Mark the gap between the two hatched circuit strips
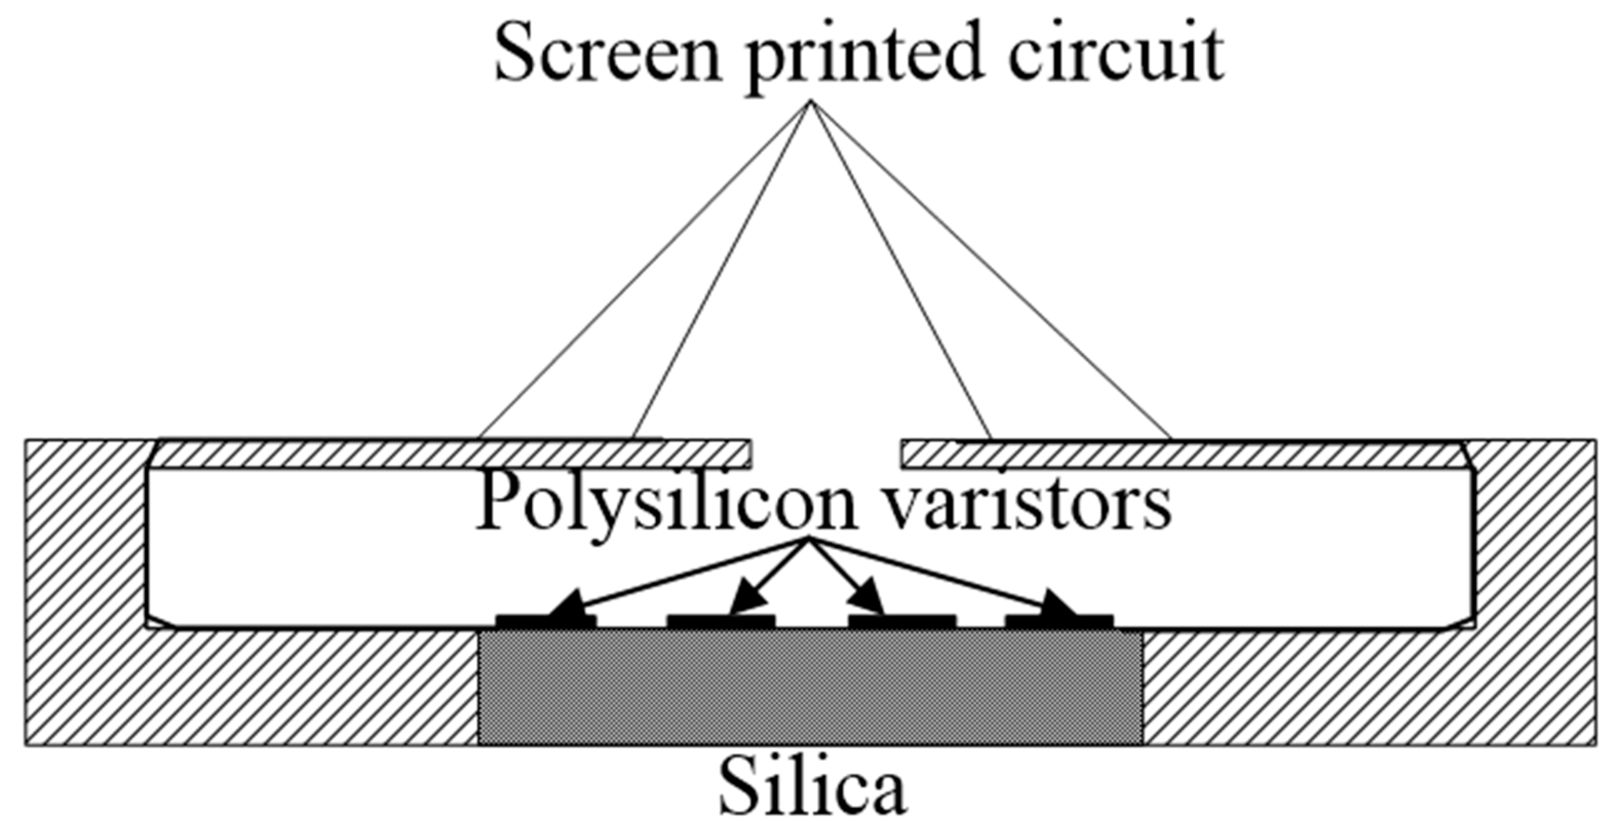click(826, 454)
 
